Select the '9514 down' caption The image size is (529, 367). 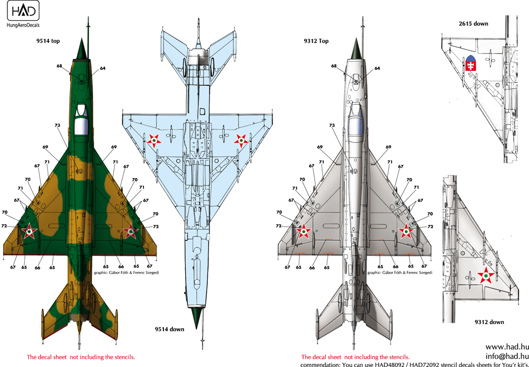[169, 329]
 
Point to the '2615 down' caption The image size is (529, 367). [474, 24]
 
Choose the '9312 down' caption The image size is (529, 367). [489, 322]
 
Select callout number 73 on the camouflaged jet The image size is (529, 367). [57, 125]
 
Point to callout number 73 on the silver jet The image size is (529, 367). [332, 125]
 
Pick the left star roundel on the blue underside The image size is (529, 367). [153, 140]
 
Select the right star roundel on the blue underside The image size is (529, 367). [241, 140]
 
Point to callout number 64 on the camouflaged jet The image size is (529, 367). [102, 68]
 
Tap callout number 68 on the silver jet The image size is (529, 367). [334, 66]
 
